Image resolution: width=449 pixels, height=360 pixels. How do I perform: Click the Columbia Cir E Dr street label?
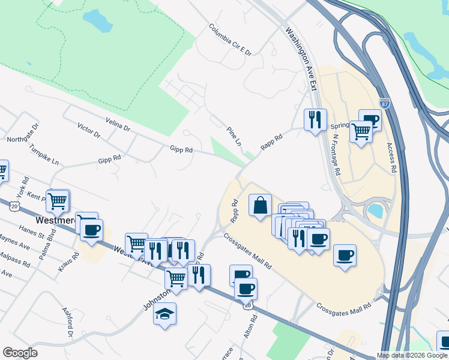tap(231, 40)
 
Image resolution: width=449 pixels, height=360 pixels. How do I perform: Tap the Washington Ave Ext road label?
tap(301, 58)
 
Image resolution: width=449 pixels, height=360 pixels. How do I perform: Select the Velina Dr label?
tap(117, 124)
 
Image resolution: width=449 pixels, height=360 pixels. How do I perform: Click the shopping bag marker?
tap(260, 206)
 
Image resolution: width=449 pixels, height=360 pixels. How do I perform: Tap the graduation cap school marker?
tap(164, 314)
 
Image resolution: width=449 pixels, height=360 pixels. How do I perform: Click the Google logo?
tap(20, 353)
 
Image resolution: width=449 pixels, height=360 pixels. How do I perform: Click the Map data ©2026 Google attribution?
tap(412, 355)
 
